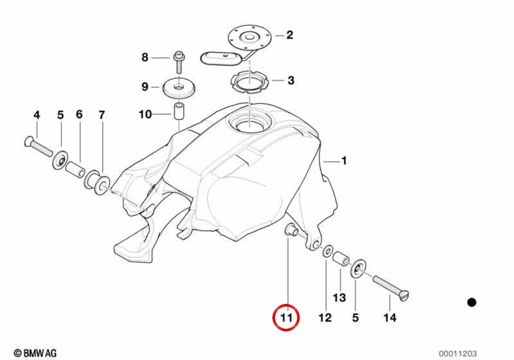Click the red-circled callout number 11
(286, 318)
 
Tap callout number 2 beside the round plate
(290, 35)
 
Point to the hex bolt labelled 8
(179, 62)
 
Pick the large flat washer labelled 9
(179, 88)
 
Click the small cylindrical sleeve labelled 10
(178, 112)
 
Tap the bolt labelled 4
(39, 146)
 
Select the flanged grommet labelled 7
(98, 182)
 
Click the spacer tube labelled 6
(75, 168)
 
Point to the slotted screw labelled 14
(391, 288)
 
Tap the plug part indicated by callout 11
(291, 230)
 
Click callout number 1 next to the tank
(344, 161)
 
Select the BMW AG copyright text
(35, 353)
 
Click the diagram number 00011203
(458, 354)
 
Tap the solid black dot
(472, 302)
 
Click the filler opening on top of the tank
(250, 122)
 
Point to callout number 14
(390, 318)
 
